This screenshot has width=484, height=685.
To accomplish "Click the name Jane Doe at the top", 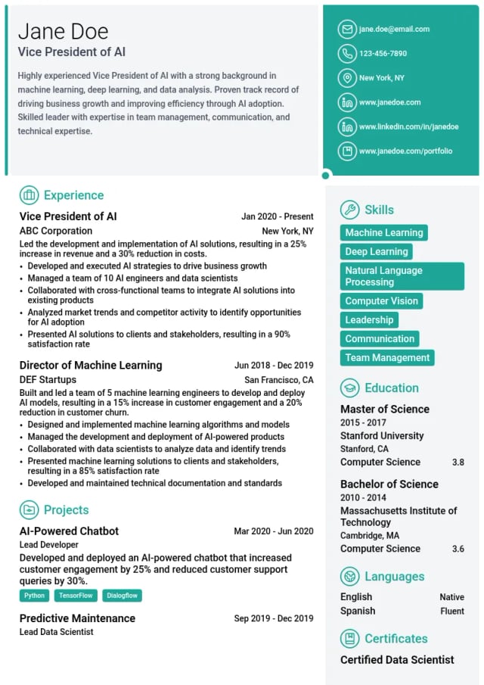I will point(64,31).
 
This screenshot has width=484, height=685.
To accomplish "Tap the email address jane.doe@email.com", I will point(394,30).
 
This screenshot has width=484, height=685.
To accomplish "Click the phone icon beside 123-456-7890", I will point(347,54).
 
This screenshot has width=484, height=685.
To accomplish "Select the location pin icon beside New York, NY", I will point(347,78).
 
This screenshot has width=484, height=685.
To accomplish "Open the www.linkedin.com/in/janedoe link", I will point(408,126).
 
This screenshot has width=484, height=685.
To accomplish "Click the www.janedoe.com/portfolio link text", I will point(405,151).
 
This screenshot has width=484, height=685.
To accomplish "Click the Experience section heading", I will point(73,195).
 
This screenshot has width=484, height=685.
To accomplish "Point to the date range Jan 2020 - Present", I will point(277,216).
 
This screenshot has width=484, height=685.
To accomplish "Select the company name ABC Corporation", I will point(56,231).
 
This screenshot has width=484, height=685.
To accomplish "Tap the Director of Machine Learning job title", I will point(91,365).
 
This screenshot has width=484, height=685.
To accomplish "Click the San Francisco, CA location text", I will point(278,380).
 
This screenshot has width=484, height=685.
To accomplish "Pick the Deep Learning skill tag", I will point(376,251).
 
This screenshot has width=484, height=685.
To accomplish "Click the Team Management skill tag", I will point(387,357).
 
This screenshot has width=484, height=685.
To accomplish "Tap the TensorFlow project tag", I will point(76,596).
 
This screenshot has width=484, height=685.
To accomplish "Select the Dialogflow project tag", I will point(122,596).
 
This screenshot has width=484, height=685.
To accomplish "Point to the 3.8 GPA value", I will point(458,462).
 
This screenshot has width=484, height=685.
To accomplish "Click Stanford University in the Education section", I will point(382,436).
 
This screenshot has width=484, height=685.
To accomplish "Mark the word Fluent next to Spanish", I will point(452,611).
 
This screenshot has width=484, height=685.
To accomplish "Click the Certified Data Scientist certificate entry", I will point(397,659).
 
